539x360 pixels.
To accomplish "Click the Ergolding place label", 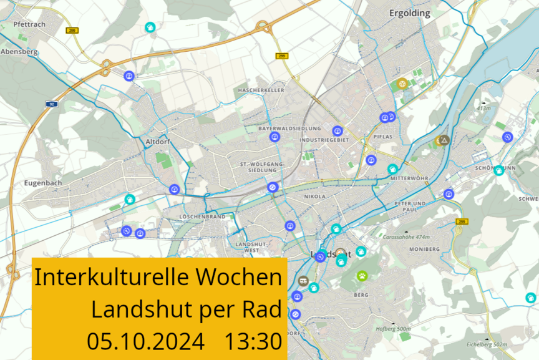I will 410,13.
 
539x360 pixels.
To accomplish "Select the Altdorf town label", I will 157,142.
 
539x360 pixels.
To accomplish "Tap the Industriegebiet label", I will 324,140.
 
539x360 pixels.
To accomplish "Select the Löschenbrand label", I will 202,217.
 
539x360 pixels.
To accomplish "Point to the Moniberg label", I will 424,249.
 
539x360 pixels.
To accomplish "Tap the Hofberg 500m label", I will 393,329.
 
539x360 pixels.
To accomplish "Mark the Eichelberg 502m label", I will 487,344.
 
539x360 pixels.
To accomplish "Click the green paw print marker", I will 362,275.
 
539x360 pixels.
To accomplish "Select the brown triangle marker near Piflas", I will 444,140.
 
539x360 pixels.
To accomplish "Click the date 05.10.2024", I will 145,342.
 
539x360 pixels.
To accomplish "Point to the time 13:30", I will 253,342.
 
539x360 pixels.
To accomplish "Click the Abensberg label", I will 19,52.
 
